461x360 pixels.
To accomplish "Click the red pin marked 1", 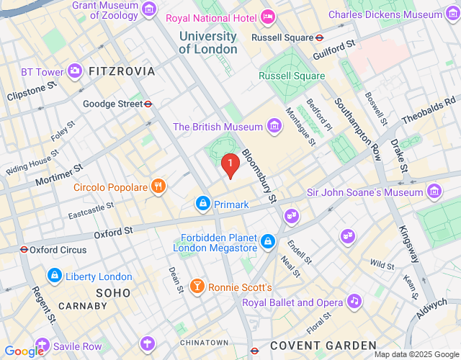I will coord(230,166).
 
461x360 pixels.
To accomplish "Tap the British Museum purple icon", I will coord(274,127).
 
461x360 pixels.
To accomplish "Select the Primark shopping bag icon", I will coord(203,204).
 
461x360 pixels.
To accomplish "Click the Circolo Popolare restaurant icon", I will coord(158,187).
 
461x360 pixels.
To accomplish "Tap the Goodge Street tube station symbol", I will coord(148,104).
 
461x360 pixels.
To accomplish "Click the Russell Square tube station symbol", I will coord(319,37).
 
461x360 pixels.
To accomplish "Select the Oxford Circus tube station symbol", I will coord(24,250).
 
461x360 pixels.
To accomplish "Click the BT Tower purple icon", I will coord(75,71).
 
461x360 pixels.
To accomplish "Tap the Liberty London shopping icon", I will coord(53,276).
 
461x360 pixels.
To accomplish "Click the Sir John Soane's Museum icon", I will coord(434,192).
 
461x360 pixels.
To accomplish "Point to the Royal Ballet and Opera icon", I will coord(353,302).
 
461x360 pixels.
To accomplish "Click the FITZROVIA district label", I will coord(121,71).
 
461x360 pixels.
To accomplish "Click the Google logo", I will coord(24,351).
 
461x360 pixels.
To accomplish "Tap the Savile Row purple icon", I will coord(42,346).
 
